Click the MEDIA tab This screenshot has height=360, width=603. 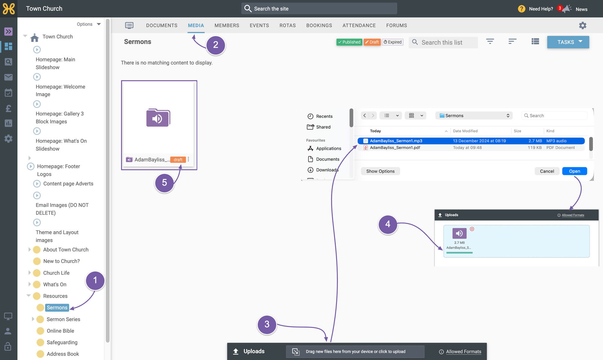point(196,26)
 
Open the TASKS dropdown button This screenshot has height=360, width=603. point(568,42)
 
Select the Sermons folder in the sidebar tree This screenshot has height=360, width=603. point(57,308)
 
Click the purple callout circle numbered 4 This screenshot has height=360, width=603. point(388,224)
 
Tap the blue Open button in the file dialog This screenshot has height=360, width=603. point(574,171)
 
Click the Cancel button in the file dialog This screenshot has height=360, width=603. point(547,171)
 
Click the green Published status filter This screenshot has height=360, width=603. point(349,42)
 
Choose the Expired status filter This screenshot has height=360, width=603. point(393,42)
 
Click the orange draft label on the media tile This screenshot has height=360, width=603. point(178,160)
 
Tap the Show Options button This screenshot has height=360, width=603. point(380,171)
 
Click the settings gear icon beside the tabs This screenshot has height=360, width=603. point(582,26)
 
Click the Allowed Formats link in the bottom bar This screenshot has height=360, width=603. point(463,352)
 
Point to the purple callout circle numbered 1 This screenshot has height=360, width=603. point(95,280)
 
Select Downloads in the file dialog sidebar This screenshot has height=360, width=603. point(327,170)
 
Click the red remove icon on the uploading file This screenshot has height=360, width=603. point(472,229)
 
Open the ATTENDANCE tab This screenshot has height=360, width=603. point(359,26)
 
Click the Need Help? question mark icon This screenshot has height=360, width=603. point(522,9)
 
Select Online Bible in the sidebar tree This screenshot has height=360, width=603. point(60,331)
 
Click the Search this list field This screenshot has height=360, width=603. point(443,43)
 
